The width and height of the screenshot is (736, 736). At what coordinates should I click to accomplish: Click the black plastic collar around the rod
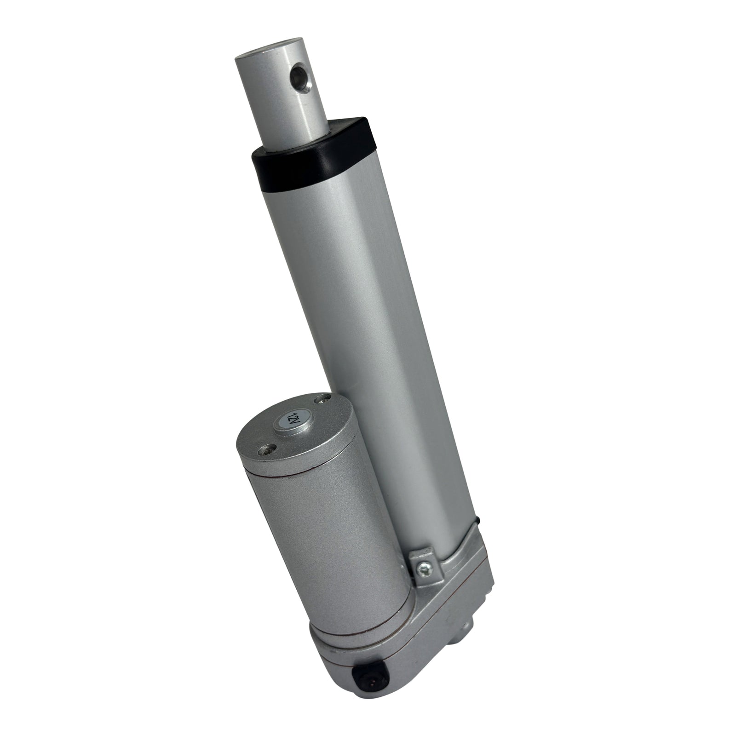click(x=313, y=159)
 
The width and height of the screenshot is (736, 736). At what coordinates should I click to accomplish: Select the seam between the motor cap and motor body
click(x=304, y=465)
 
